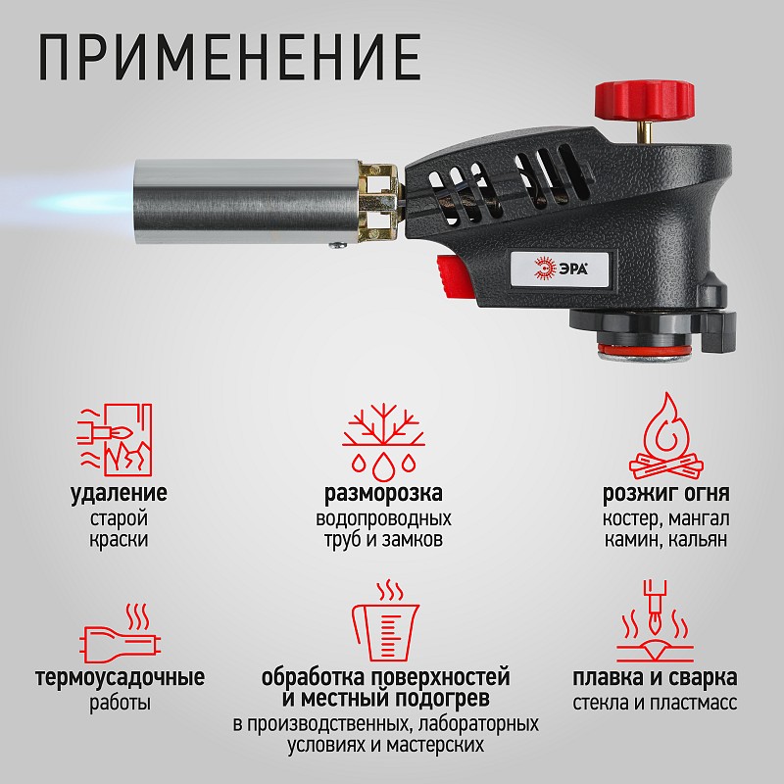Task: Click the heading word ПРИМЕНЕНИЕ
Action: click(229, 58)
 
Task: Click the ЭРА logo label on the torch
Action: click(560, 269)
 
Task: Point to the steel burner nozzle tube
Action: click(246, 201)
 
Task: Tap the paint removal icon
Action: click(115, 439)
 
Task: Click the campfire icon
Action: click(666, 436)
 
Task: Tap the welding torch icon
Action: click(655, 621)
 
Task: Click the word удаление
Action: click(119, 493)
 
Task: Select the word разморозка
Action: click(383, 494)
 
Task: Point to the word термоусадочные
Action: click(120, 677)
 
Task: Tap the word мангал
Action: click(699, 518)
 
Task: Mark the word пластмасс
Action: click(694, 703)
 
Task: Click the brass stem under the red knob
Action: click(644, 131)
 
